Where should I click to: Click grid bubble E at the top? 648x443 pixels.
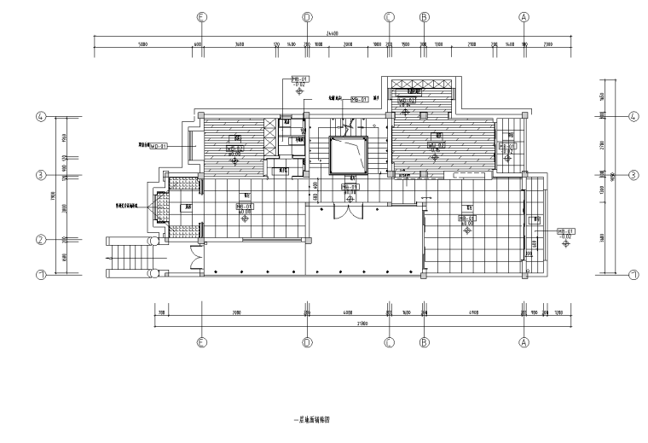201,16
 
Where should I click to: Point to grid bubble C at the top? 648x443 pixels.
389,16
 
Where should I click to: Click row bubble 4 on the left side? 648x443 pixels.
40,117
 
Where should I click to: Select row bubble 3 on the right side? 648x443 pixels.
634,175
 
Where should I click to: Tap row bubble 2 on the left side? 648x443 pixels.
40,240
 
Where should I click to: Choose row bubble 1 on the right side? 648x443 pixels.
634,275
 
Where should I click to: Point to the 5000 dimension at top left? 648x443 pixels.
143,44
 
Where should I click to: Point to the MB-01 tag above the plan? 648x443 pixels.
299,79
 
